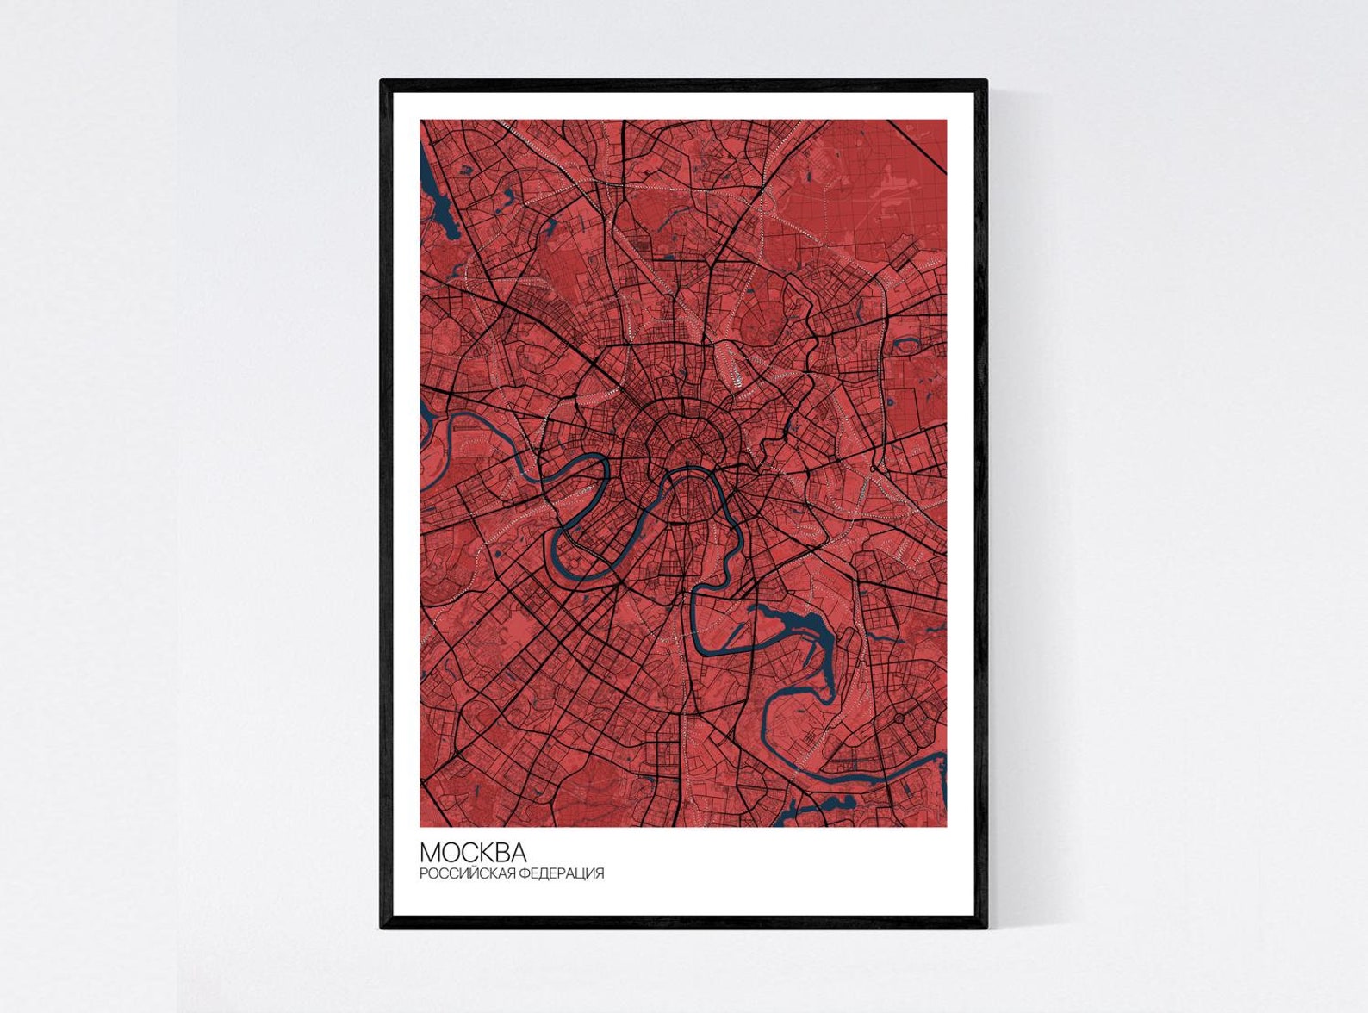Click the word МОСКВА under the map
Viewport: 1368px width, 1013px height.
[x=473, y=852]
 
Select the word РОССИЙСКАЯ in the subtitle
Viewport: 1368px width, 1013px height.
[x=463, y=873]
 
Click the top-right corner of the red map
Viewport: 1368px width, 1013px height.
[x=946, y=121]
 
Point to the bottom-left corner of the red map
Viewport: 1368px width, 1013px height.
[x=421, y=826]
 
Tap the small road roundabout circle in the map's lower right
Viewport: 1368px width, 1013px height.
[x=901, y=717]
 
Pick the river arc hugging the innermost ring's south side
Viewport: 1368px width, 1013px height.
[x=689, y=471]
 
